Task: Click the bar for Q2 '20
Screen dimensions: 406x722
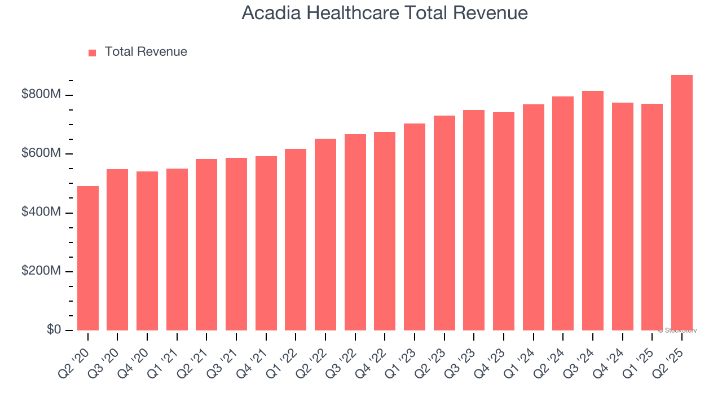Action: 87,258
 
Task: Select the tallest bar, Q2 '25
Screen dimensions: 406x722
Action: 681,203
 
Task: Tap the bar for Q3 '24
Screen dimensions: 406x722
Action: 592,211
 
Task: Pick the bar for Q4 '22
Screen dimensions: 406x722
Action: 385,231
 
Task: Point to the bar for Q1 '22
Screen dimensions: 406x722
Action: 296,240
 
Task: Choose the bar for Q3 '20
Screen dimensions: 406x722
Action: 117,250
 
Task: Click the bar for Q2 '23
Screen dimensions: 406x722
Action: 444,223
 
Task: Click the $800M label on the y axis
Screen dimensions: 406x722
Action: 41,95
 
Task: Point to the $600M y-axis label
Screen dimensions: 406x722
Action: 41,153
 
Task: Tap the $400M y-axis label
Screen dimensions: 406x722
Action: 41,213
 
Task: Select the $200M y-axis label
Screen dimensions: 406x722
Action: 41,271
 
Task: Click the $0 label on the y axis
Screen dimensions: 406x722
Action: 54,330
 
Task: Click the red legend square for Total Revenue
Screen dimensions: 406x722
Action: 93,53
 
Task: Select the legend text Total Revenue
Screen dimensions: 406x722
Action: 146,52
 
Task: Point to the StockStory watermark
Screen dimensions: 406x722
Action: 677,330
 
